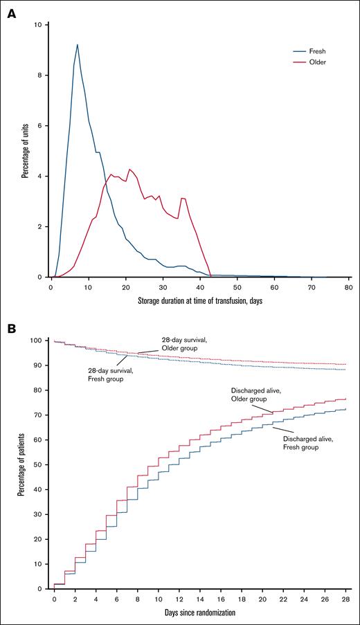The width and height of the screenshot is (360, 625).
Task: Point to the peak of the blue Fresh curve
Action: tap(78, 45)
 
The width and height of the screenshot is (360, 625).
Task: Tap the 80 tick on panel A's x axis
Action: tap(348, 286)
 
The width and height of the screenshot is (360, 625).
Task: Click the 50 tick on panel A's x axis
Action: tap(237, 286)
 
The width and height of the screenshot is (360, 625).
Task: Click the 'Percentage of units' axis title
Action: tap(24, 151)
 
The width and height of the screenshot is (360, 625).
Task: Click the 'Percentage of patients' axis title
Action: tap(24, 464)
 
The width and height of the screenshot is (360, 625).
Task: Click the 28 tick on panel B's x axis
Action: tap(345, 598)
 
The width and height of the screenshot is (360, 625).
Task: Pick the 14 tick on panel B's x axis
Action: tap(200, 598)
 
